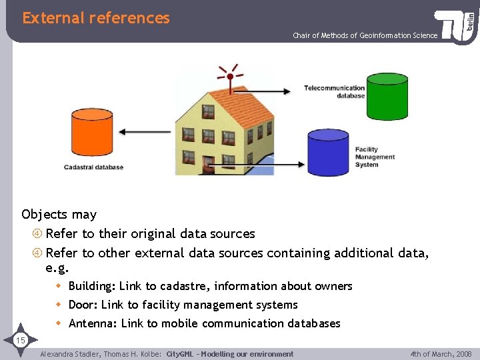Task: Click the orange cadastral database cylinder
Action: click(x=92, y=133)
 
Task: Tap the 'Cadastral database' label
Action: click(x=93, y=167)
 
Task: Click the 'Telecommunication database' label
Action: click(x=334, y=91)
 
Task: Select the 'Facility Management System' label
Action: click(x=375, y=157)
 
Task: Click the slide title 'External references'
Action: click(x=96, y=18)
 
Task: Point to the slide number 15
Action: click(x=20, y=341)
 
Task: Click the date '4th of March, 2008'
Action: click(x=441, y=354)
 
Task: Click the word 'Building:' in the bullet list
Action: click(x=92, y=286)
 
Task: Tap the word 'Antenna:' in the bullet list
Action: click(x=93, y=323)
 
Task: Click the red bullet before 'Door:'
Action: click(x=59, y=305)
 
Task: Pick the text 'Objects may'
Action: click(x=59, y=215)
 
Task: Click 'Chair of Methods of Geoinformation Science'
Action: click(x=365, y=35)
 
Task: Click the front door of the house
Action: click(x=209, y=165)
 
